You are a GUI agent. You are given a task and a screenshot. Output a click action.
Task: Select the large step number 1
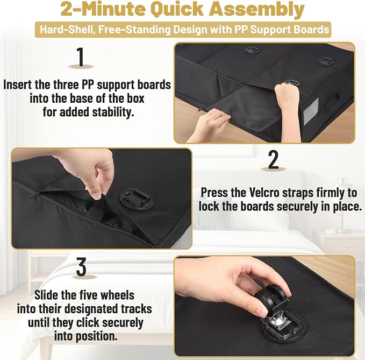81,57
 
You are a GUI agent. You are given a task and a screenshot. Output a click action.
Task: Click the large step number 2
273,159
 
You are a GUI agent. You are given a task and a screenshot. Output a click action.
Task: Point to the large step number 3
81,266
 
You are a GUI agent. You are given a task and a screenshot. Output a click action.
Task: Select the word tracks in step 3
137,309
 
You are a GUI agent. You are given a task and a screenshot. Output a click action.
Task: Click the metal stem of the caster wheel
271,319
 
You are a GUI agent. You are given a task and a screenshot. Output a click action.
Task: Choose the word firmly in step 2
328,193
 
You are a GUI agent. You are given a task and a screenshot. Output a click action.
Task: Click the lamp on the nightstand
342,205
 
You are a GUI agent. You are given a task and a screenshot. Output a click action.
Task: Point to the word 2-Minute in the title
103,9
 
